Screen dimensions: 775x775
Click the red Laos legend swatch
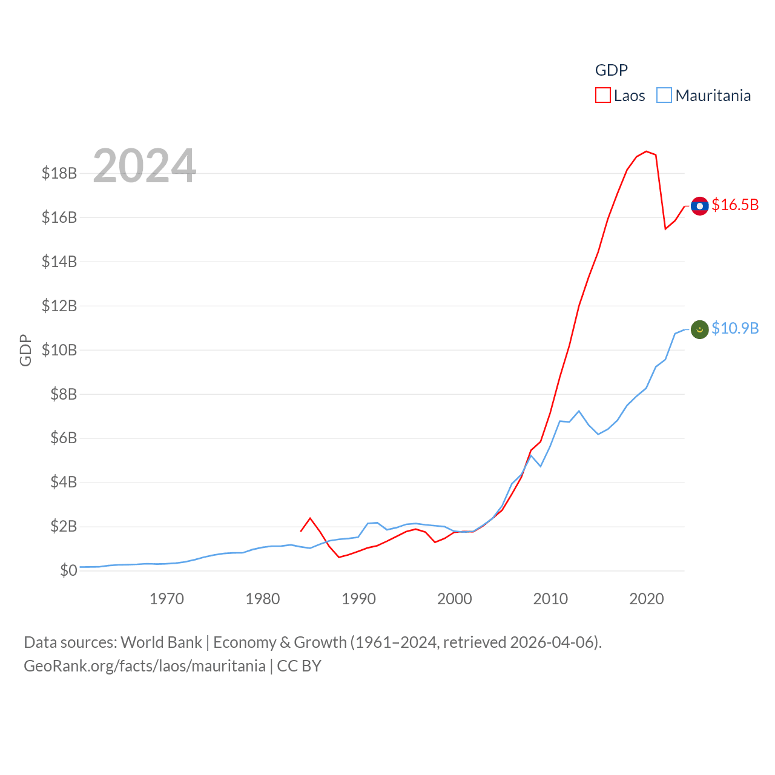click(x=603, y=96)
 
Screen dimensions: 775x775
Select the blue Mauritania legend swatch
click(x=664, y=96)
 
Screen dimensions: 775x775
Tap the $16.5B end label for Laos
click(x=735, y=205)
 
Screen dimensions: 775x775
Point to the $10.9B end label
click(x=735, y=328)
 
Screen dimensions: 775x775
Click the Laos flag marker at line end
click(x=699, y=206)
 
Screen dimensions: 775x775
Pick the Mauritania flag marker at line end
click(x=699, y=329)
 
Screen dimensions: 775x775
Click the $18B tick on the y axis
click(x=59, y=174)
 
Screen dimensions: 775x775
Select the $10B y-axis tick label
click(x=59, y=350)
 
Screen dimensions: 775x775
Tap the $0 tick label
click(x=68, y=570)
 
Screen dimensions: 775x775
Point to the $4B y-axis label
click(x=64, y=483)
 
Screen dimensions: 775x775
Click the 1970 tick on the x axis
click(x=167, y=599)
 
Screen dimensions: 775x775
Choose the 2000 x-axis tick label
click(x=455, y=599)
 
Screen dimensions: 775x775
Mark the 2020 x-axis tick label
click(x=647, y=599)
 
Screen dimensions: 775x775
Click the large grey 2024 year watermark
click(x=145, y=166)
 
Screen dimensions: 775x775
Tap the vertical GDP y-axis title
click(x=25, y=350)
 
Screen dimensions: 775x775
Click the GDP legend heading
click(x=612, y=70)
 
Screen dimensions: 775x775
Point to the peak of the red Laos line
click(x=647, y=151)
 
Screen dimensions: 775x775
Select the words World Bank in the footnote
click(x=161, y=642)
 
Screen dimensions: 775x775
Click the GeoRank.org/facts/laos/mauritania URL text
click(x=145, y=666)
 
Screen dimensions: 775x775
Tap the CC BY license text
click(x=299, y=666)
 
